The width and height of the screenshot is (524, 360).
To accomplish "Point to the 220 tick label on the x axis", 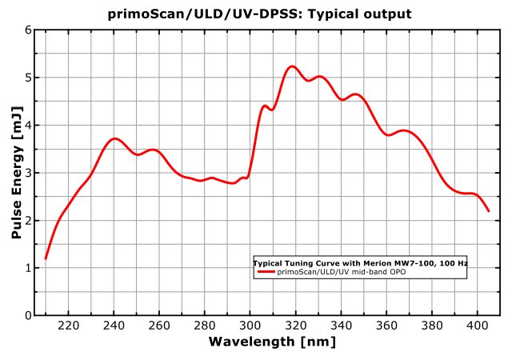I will pos(69,326).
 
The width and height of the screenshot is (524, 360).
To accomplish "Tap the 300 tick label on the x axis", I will pos(250,326).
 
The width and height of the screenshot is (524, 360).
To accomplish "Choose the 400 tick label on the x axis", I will pos(478,326).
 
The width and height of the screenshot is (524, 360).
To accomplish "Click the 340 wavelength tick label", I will pos(342,326).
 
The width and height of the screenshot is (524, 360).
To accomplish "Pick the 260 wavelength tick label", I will pos(160,326).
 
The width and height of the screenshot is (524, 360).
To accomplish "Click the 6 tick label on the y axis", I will pos(28,30).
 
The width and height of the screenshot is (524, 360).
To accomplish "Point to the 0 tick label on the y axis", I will pos(28,315).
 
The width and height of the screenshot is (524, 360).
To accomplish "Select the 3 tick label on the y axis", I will pos(28,173).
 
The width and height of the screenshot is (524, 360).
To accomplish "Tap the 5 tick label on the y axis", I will pos(28,78).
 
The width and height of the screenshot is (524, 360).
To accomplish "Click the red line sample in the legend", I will pos(266,272).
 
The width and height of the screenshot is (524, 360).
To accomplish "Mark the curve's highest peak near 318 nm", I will pos(292,66).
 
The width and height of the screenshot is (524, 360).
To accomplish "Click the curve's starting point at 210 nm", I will pos(46,258).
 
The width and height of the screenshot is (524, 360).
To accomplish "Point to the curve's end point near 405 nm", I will pos(489,211).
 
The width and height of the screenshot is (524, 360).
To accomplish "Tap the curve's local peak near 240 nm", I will pos(115,138).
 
